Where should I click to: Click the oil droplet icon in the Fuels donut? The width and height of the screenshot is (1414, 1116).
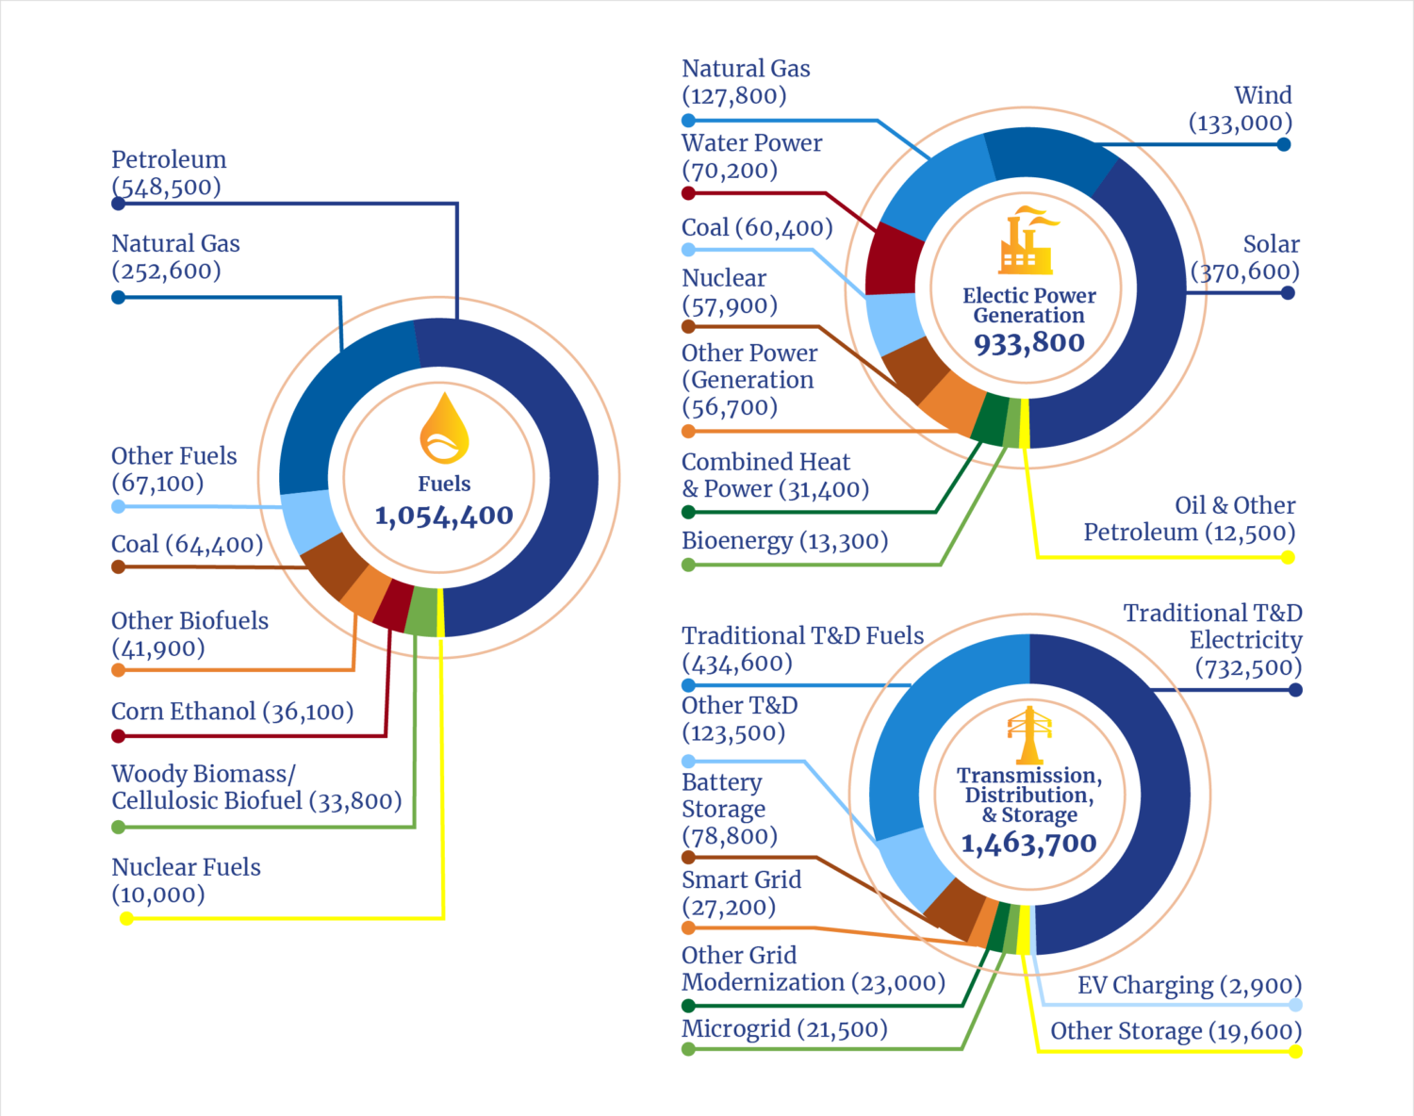(444, 430)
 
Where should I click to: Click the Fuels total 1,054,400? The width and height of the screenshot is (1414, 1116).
(444, 516)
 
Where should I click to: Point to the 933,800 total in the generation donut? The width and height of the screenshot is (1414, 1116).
(1028, 343)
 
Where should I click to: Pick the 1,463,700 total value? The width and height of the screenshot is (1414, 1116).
(1028, 843)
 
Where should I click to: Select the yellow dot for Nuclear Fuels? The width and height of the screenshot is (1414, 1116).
(126, 918)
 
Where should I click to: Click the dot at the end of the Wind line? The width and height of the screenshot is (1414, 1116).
(1284, 144)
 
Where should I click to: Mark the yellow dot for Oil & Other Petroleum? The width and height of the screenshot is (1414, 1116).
(1288, 557)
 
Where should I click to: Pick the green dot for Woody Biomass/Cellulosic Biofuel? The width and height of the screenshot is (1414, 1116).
(118, 827)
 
